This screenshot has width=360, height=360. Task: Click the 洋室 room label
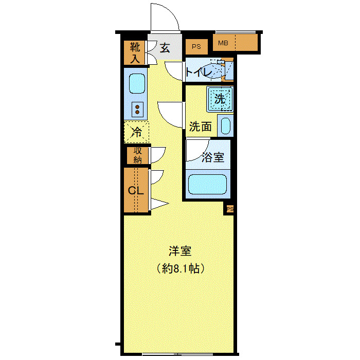[x=180, y=251]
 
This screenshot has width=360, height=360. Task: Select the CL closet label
[x=135, y=190]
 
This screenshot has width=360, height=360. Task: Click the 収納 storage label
[x=138, y=155]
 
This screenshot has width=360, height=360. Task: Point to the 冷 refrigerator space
[x=136, y=132]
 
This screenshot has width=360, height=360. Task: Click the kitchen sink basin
[x=136, y=83]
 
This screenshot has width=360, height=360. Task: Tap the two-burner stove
[x=137, y=108]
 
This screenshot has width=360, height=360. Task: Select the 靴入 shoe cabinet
[x=134, y=52]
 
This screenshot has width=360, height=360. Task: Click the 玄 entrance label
[x=165, y=48]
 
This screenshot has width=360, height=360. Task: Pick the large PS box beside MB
[x=196, y=47]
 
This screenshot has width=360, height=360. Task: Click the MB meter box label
[x=223, y=43]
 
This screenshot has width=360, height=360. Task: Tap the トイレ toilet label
[x=198, y=73]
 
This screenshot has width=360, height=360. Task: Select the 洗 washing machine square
[x=220, y=99]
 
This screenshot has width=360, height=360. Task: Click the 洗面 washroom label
[x=200, y=127]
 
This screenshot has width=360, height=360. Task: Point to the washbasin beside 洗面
[x=225, y=125]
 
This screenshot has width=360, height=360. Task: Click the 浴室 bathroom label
[x=213, y=157]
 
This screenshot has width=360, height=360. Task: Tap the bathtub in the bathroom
[x=208, y=184]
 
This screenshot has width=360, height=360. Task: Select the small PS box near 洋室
[x=229, y=209]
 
